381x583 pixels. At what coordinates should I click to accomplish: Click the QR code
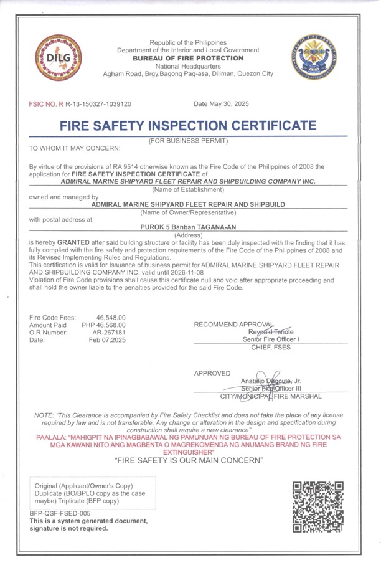[x=317, y=506]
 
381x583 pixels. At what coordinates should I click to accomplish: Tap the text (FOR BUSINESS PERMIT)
[x=188, y=141]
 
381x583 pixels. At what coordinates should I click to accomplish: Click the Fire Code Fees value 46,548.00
[x=111, y=317]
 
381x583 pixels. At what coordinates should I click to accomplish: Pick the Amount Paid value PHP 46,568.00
[x=103, y=325]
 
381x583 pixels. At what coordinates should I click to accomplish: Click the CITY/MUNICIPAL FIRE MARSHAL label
[x=271, y=396]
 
